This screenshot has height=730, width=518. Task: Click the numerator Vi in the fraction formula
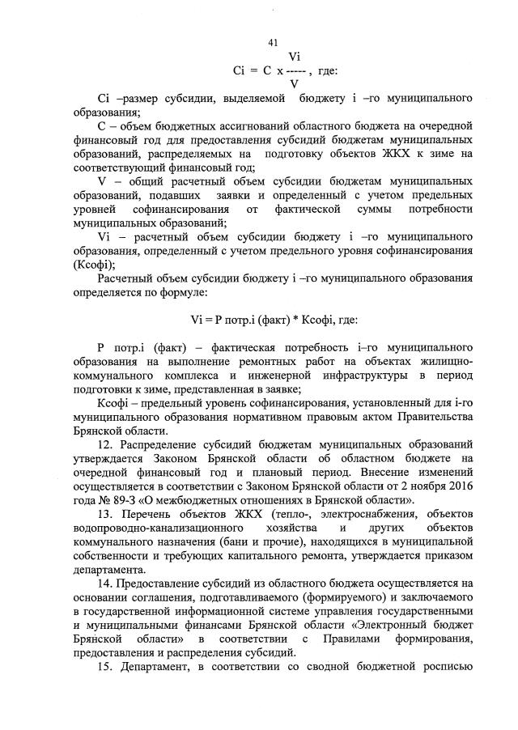point(295,57)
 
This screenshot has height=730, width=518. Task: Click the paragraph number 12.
point(104,444)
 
